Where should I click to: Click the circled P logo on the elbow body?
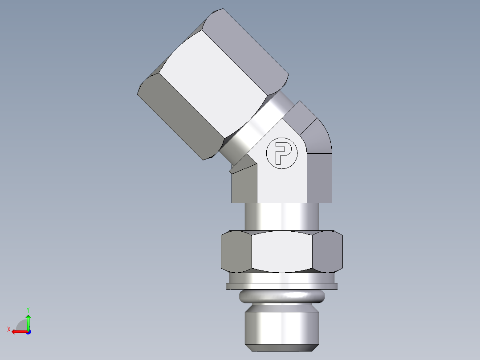pos(281,153)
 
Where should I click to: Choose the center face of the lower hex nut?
pos(281,251)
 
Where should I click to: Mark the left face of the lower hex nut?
pos(236,251)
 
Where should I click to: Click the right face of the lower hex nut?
pos(328,251)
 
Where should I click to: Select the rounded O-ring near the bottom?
pos(281,296)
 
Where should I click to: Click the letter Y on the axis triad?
pos(28,309)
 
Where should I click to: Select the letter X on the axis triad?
pos(8,329)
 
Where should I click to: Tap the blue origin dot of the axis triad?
pos(28,332)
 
